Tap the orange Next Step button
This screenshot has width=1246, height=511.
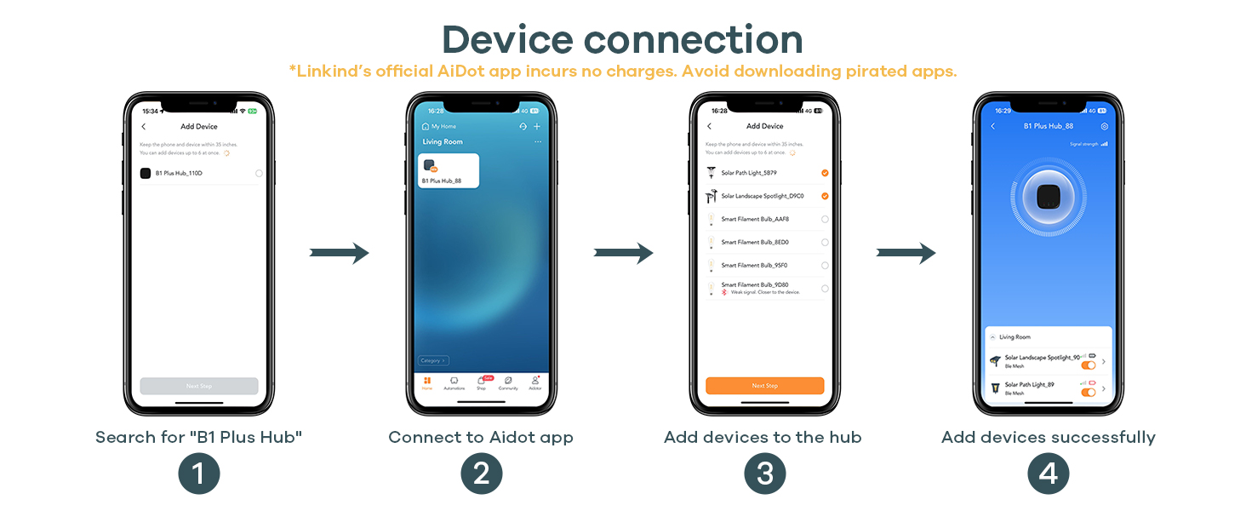tap(764, 386)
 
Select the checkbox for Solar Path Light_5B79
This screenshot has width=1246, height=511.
tap(825, 173)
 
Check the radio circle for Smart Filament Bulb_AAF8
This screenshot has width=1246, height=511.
tap(825, 220)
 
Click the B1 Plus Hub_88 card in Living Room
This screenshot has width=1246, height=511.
tap(448, 170)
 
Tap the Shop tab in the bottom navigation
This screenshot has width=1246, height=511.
tap(481, 382)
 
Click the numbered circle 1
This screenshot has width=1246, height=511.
tap(198, 474)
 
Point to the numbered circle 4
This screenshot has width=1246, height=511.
tap(1048, 474)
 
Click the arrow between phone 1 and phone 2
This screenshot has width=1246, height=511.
tap(339, 253)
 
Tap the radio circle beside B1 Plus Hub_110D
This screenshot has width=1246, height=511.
tap(259, 173)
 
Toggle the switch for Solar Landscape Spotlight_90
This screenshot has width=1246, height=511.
tap(1088, 365)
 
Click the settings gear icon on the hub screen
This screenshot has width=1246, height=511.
tap(1104, 126)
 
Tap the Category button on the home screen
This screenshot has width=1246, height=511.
tap(433, 360)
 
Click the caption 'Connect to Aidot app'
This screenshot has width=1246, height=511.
tap(481, 438)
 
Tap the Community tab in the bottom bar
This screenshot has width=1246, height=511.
tap(508, 382)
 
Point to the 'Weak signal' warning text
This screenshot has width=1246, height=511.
tap(765, 292)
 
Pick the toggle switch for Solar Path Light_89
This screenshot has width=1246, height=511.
tap(1088, 392)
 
